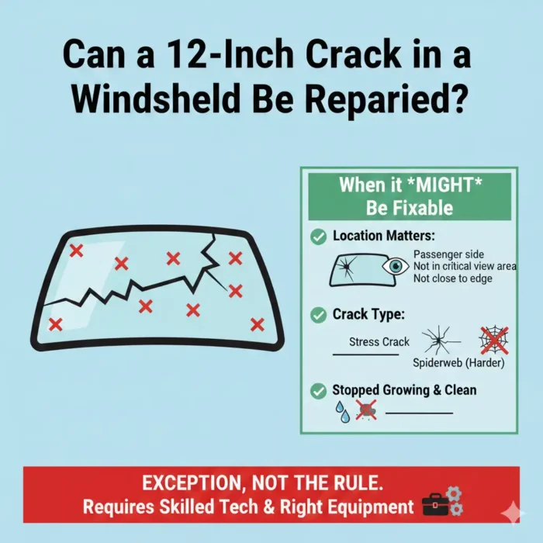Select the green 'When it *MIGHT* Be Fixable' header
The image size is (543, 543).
click(x=409, y=196)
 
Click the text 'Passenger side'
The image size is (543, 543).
click(x=448, y=254)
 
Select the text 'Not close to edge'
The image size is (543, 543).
click(x=452, y=278)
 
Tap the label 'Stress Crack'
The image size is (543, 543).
click(x=375, y=342)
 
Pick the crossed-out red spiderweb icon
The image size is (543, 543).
click(x=493, y=340)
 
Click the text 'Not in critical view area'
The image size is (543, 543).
click(x=465, y=266)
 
